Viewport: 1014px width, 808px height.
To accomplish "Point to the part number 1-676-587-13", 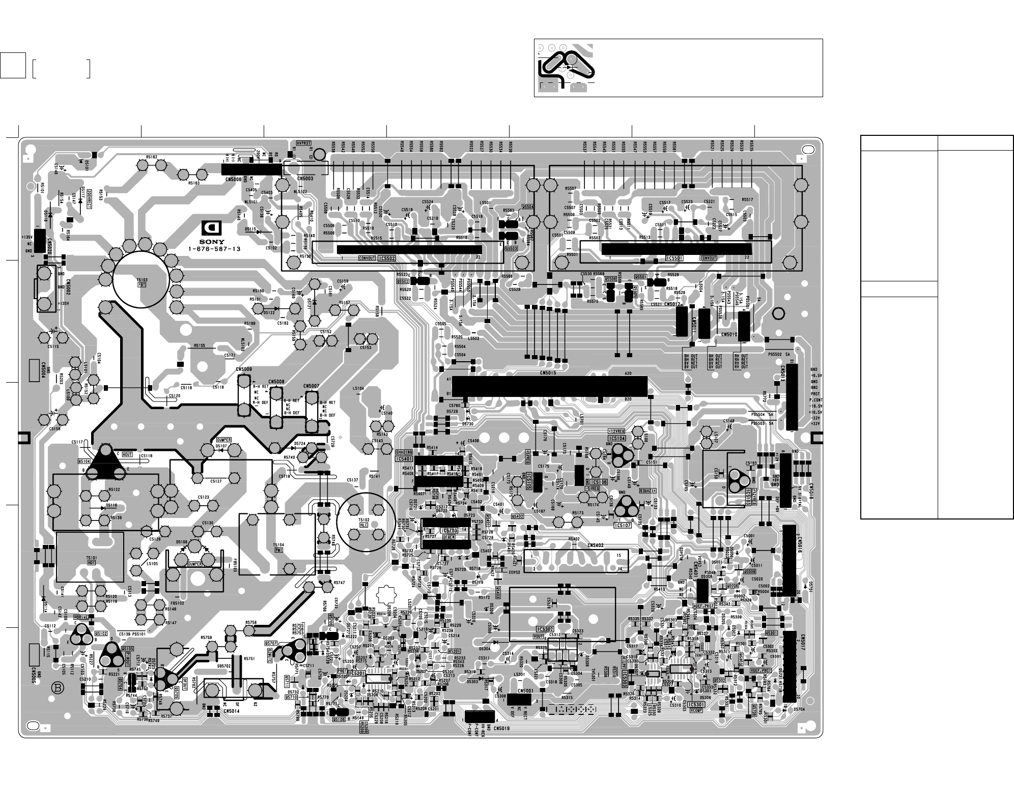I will [214, 249].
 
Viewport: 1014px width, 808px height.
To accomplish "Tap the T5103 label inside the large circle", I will [141, 280].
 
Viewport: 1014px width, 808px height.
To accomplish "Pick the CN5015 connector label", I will [549, 373].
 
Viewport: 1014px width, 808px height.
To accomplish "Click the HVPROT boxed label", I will [303, 144].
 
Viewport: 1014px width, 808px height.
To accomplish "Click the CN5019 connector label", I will [501, 728].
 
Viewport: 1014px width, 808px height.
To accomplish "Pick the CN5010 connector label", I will [729, 334].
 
